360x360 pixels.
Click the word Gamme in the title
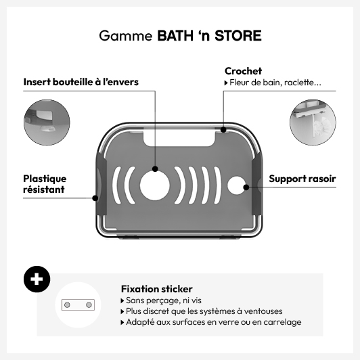point(126,36)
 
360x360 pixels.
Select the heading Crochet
point(243,71)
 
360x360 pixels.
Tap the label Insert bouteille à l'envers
point(81,82)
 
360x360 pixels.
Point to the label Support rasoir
point(302,179)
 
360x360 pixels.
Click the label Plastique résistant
point(45,184)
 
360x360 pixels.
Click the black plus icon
point(37,279)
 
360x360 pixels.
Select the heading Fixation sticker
point(157,289)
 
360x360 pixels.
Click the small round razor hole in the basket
point(236,185)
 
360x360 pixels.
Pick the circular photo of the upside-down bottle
point(47,122)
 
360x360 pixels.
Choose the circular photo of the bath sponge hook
point(313,122)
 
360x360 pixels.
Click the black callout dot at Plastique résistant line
point(95,198)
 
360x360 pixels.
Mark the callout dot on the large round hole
point(155,169)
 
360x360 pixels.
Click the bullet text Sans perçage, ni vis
point(164,300)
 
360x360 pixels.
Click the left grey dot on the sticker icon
point(67,305)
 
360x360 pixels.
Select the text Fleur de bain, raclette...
point(275,83)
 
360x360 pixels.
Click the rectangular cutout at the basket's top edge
point(179,138)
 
